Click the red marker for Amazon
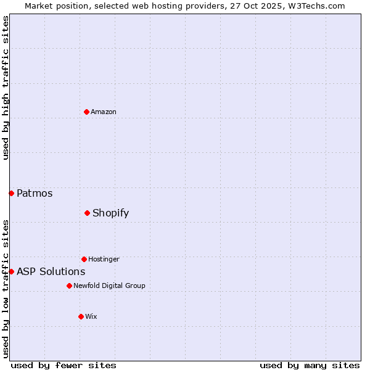86,112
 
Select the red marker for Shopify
87,213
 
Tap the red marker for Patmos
11,193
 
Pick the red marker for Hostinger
84,259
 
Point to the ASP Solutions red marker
11,271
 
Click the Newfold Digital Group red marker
69,286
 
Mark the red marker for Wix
81,316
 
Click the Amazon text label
104,112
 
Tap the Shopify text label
110,213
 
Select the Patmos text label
35,193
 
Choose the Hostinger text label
104,259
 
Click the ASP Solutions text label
51,271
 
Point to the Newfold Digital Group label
109,286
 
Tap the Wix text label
91,316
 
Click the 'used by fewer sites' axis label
64,365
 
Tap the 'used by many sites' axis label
310,365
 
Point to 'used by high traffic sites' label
6,88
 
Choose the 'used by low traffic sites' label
6,288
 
